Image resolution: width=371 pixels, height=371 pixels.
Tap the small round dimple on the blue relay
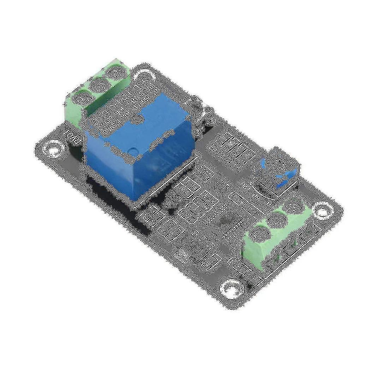133,151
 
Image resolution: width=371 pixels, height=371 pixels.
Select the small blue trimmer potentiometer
279,177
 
